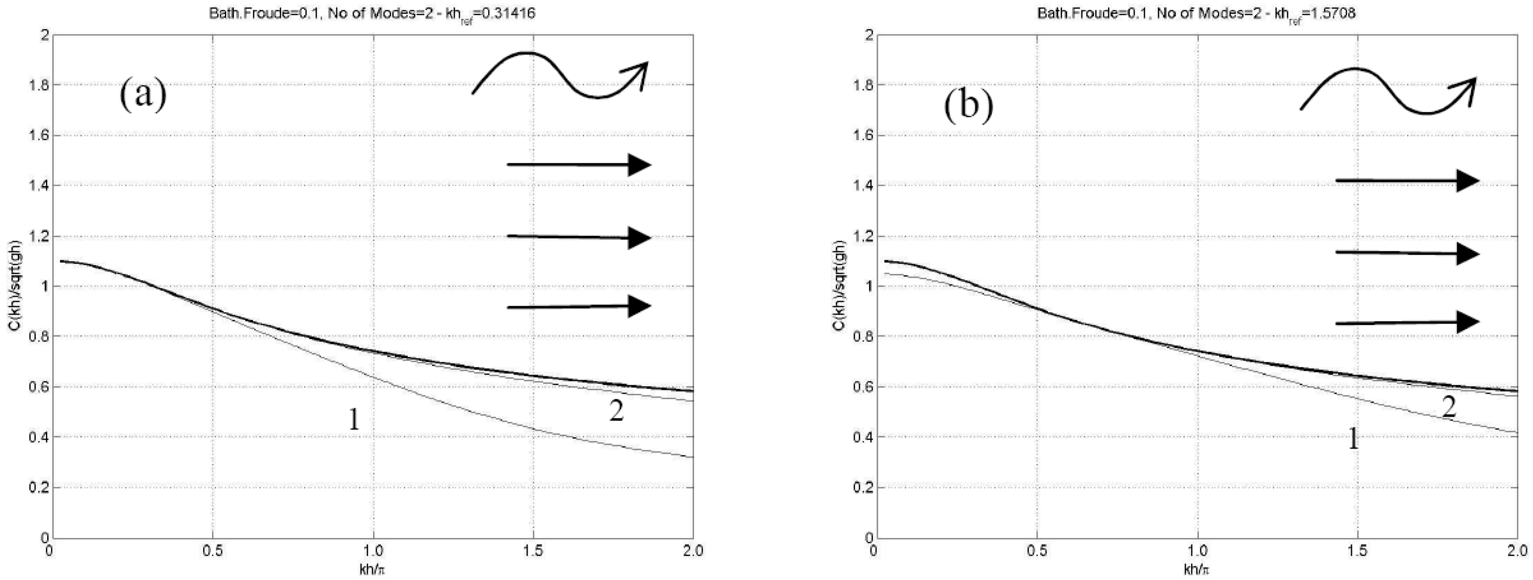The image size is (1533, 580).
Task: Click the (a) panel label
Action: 143,96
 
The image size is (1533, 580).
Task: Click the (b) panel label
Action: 968,107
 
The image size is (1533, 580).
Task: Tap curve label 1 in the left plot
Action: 354,421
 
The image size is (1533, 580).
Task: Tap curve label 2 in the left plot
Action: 616,411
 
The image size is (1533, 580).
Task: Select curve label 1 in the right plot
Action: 1353,440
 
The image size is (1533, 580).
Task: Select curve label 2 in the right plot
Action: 1449,407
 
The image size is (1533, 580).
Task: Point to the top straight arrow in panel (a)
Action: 579,165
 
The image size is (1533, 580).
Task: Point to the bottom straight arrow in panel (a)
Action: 579,307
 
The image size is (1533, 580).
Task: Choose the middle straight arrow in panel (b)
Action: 1407,253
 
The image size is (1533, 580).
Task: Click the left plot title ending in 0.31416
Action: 372,13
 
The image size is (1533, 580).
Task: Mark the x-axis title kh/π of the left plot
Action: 372,569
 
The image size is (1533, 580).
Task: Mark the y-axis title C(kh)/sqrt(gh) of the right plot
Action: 838,287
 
